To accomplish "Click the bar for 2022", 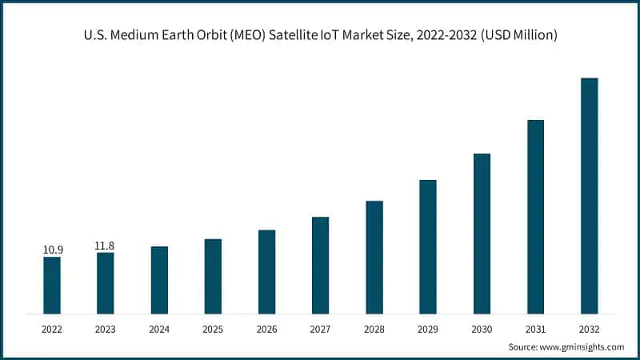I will click(x=52, y=285).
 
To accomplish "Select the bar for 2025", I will click(x=213, y=276).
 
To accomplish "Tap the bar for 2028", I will click(x=374, y=257).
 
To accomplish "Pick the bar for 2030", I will click(x=482, y=233).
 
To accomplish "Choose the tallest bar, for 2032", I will click(x=589, y=195).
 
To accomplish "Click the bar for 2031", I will click(x=535, y=216).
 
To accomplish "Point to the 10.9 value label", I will click(x=52, y=250).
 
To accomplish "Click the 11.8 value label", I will click(x=106, y=246).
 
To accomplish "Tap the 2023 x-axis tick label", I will click(x=106, y=328).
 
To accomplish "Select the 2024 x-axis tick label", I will click(x=159, y=328).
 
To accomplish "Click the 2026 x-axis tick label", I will click(x=266, y=328).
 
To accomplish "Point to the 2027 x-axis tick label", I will click(x=320, y=328).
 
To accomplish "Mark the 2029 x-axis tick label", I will click(x=428, y=328).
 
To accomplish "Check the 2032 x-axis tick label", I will click(x=589, y=328).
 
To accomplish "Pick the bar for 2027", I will click(x=320, y=265).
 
